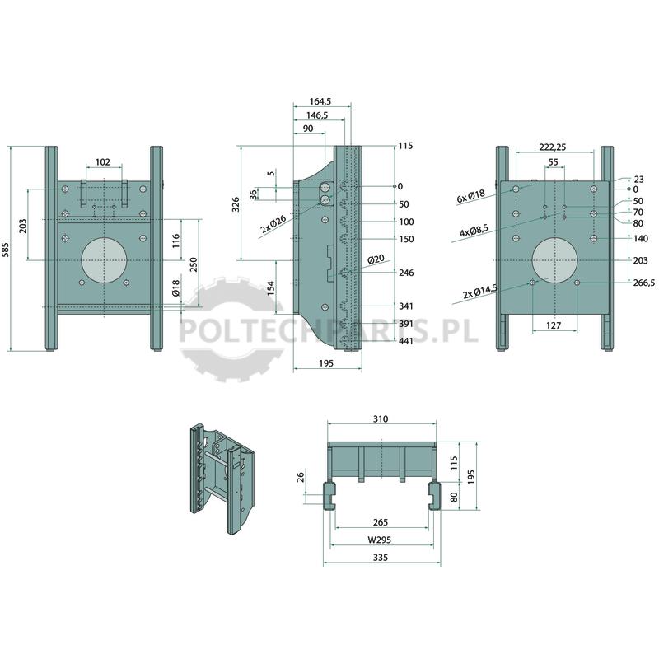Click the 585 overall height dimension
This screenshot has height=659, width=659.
[x=6, y=249]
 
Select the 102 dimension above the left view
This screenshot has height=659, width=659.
[x=103, y=162]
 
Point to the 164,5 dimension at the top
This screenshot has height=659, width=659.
[x=320, y=101]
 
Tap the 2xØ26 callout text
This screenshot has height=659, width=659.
[x=273, y=224]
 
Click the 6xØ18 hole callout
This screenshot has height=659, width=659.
[x=470, y=196]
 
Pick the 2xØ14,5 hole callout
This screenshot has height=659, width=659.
[x=480, y=292]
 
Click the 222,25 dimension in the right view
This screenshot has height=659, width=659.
[x=553, y=147]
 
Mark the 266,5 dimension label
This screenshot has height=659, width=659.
[x=644, y=283]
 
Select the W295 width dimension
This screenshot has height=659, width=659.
[x=380, y=540]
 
